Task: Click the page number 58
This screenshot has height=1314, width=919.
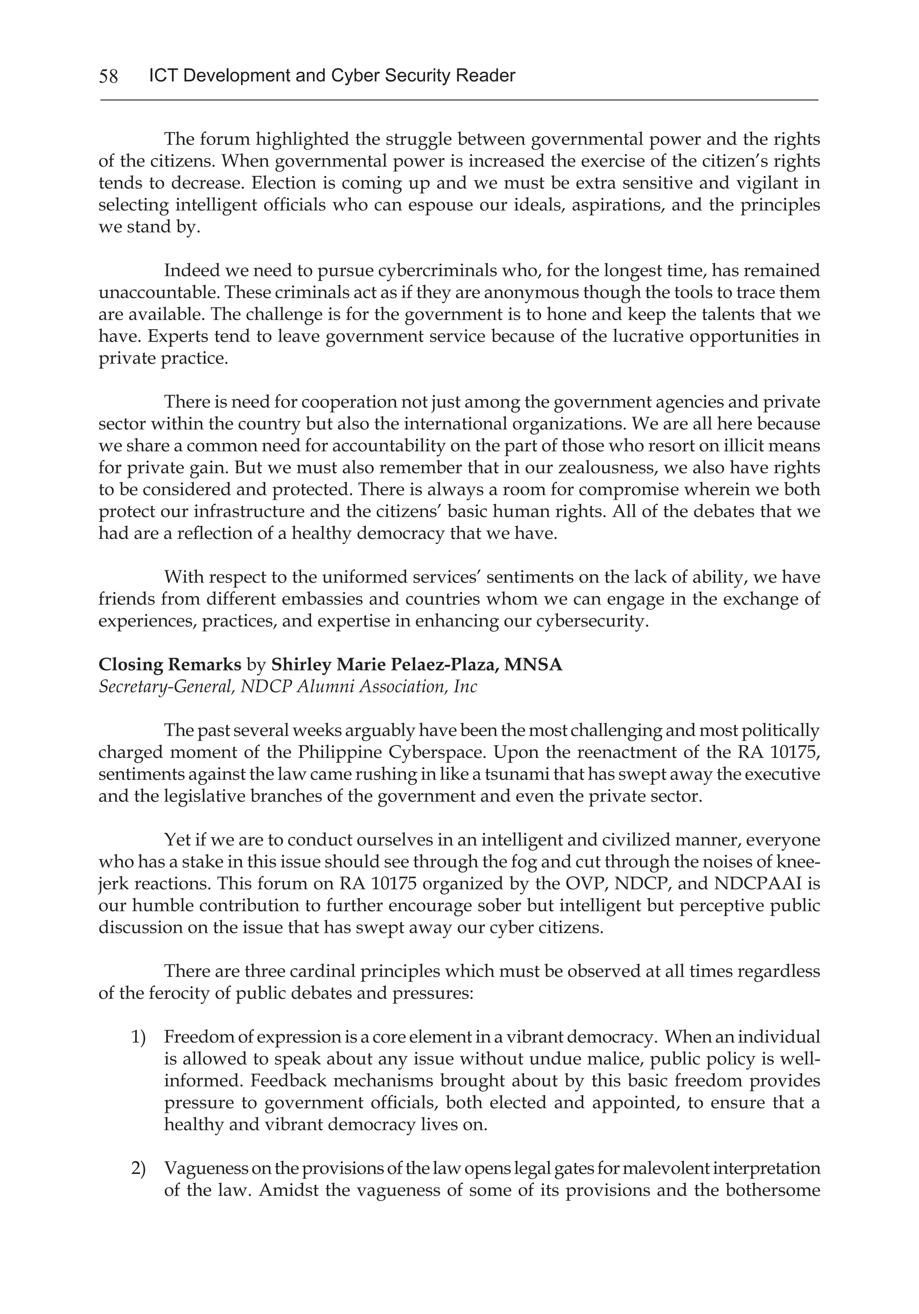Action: [x=108, y=76]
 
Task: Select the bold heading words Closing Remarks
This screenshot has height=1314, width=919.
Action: [x=170, y=665]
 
